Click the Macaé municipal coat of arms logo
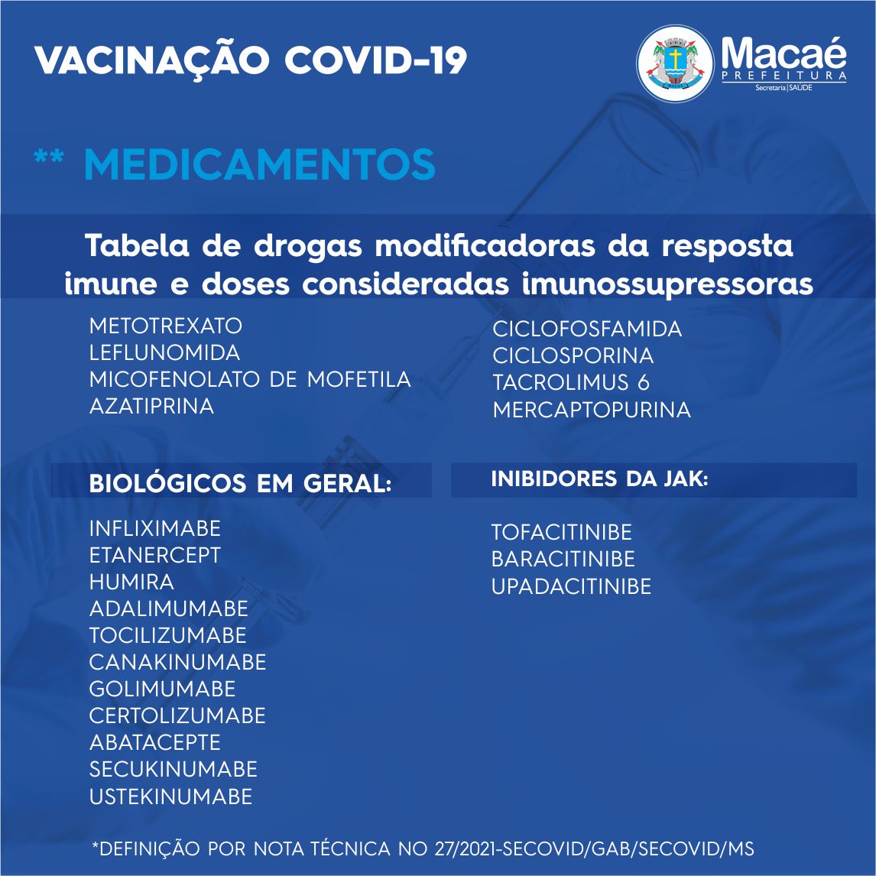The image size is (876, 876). pos(675,63)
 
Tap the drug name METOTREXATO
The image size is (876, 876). pos(166,326)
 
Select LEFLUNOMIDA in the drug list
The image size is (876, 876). pos(165,352)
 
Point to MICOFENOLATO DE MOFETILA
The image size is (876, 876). pos(250,379)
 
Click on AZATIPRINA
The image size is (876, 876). pos(151,406)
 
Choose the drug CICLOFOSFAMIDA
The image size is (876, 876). pos(587,329)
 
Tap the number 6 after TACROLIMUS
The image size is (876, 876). pos(644,383)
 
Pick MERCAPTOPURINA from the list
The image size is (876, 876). pos(592,410)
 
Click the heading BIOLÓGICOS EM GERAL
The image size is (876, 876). pos(240,484)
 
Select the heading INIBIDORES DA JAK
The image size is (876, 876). pos(599,479)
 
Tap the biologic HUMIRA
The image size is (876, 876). pos(131,582)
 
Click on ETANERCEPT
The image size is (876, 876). pos(154,555)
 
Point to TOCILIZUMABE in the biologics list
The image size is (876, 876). pos(167,636)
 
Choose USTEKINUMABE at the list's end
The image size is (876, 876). pos(170,797)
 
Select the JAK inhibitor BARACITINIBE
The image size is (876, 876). pos(563,560)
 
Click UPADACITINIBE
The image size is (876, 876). pos(571,586)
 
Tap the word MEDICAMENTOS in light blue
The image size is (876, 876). pos(259,164)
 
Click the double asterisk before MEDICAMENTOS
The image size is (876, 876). pos(49,157)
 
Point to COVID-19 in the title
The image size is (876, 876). pos(375,60)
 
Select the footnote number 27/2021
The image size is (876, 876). pos(468,848)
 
